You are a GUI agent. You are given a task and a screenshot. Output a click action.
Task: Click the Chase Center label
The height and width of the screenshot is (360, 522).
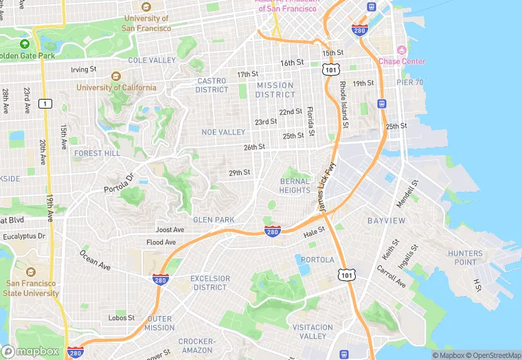[x=402, y=61]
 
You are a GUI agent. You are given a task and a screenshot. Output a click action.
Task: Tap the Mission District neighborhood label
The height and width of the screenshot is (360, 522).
[x=275, y=90]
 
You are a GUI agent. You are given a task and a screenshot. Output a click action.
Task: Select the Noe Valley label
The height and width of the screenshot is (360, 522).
[x=223, y=132]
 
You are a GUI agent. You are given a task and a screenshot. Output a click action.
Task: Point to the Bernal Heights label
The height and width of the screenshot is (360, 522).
[x=295, y=185]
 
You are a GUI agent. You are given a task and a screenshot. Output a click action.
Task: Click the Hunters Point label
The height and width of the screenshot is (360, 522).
[x=466, y=258]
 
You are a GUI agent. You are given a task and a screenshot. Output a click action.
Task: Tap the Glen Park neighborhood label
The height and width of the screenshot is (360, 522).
[x=214, y=220]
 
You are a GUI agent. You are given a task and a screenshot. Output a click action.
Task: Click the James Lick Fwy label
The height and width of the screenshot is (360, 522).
[x=327, y=188]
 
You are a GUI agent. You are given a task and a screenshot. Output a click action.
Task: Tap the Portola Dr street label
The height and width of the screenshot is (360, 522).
[x=117, y=181]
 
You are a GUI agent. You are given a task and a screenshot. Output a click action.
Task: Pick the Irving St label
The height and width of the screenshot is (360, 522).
[x=85, y=70]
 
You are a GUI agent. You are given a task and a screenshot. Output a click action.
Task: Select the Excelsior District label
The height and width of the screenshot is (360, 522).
[x=209, y=282]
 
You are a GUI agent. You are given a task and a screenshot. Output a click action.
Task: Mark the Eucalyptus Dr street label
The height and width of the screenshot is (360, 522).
[x=23, y=236]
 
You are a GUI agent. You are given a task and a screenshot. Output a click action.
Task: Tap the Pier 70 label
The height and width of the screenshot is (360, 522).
[x=410, y=82]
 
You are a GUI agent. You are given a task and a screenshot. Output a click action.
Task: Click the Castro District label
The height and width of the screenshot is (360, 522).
[x=212, y=85]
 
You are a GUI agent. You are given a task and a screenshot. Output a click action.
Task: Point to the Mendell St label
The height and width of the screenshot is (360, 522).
[x=407, y=194]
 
